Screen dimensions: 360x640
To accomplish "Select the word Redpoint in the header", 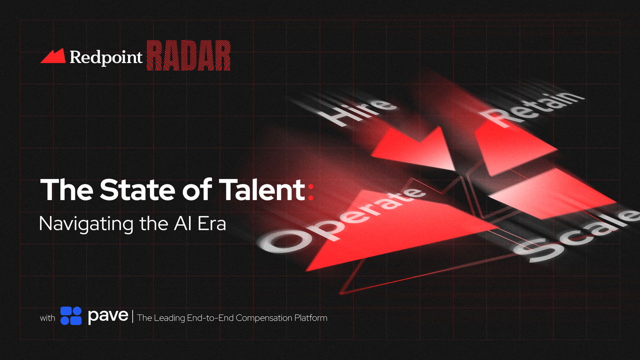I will click(x=106, y=57).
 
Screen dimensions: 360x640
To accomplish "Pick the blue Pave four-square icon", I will click(x=71, y=316).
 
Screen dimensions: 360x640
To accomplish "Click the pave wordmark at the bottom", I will click(x=108, y=316).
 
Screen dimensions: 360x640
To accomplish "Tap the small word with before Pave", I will click(x=47, y=318).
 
